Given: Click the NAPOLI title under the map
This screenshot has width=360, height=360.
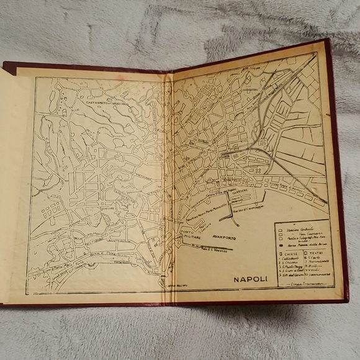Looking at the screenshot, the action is point(250,279).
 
